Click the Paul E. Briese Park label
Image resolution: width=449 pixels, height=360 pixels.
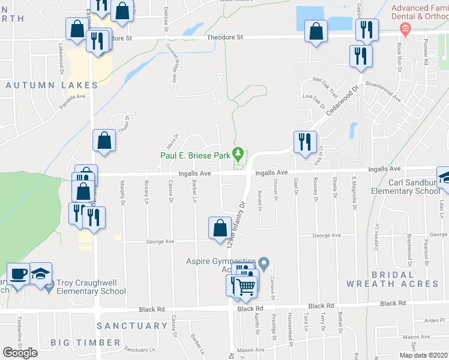click(194, 155)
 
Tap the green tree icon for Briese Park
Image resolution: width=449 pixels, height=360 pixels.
click(238, 155)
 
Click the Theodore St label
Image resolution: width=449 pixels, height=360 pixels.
click(224, 37)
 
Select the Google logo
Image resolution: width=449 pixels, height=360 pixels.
click(20, 352)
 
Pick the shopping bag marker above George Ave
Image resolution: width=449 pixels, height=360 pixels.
click(220, 228)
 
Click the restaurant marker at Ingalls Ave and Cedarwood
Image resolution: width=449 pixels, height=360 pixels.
click(305, 142)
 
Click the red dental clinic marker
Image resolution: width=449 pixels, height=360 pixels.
click(405, 28)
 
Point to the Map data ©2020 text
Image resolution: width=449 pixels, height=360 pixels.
click(423, 355)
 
